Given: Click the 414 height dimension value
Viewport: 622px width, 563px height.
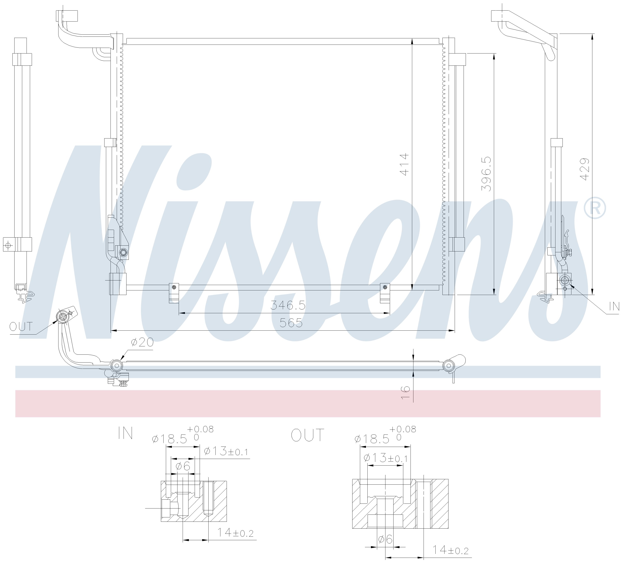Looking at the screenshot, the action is (x=405, y=164).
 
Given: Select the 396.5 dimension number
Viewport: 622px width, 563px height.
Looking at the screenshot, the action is (x=487, y=174).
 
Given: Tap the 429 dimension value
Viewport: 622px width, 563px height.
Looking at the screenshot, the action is (x=585, y=169).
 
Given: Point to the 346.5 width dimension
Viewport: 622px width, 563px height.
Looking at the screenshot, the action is (x=288, y=305).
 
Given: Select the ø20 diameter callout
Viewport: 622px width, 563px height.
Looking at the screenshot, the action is (x=142, y=342).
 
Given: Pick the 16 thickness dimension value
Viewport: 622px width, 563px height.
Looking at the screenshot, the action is (x=406, y=393).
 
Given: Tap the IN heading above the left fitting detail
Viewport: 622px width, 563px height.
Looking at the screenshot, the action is (x=125, y=433).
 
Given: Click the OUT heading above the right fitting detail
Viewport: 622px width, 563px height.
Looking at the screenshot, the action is (x=308, y=435).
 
